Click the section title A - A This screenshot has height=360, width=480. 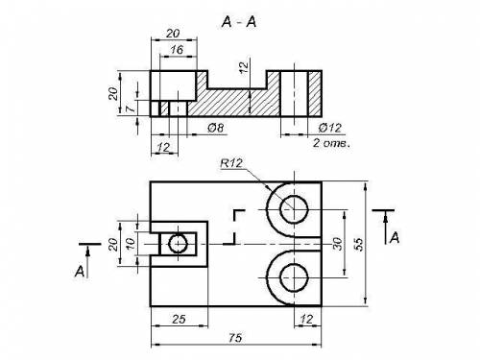[x=239, y=22]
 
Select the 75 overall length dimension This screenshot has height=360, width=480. [x=235, y=337]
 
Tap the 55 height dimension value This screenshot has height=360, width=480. [x=359, y=244]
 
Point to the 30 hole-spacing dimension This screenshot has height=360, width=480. [x=338, y=244]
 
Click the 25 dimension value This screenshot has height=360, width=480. [x=179, y=319]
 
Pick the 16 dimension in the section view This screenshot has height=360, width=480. [x=177, y=50]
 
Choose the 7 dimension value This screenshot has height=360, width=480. [x=131, y=109]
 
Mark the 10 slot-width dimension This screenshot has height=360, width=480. [x=131, y=244]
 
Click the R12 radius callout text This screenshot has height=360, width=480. [x=231, y=163]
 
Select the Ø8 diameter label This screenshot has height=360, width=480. [x=216, y=128]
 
